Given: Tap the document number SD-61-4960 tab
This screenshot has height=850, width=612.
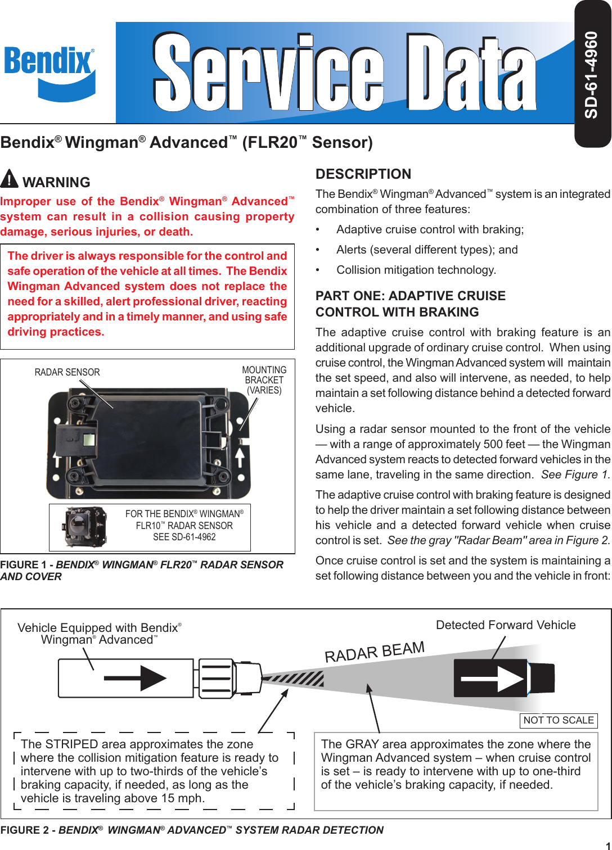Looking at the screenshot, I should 592,74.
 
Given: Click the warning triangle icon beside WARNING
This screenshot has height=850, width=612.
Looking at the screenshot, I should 10,179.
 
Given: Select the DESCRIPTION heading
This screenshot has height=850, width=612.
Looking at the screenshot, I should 363,174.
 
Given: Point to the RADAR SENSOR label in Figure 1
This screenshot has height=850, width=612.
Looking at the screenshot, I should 67,372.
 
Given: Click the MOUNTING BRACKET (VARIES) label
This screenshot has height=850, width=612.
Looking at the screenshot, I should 264,380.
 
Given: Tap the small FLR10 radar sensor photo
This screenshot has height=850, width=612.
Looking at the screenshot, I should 85,527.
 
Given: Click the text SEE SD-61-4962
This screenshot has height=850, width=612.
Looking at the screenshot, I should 184,537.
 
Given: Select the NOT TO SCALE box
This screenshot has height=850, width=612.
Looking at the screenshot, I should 559,720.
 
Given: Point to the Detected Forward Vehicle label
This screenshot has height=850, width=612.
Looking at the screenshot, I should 506,625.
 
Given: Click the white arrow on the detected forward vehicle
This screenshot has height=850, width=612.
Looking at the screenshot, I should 495,679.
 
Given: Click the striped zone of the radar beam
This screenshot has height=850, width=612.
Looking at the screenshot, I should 298,679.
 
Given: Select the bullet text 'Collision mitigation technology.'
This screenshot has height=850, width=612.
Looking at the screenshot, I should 416,270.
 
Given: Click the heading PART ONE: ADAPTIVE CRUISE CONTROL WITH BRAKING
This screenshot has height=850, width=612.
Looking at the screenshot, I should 411,304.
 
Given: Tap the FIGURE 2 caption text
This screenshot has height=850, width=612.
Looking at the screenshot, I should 192,830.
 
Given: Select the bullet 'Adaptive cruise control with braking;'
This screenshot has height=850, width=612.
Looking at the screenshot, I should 430,229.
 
